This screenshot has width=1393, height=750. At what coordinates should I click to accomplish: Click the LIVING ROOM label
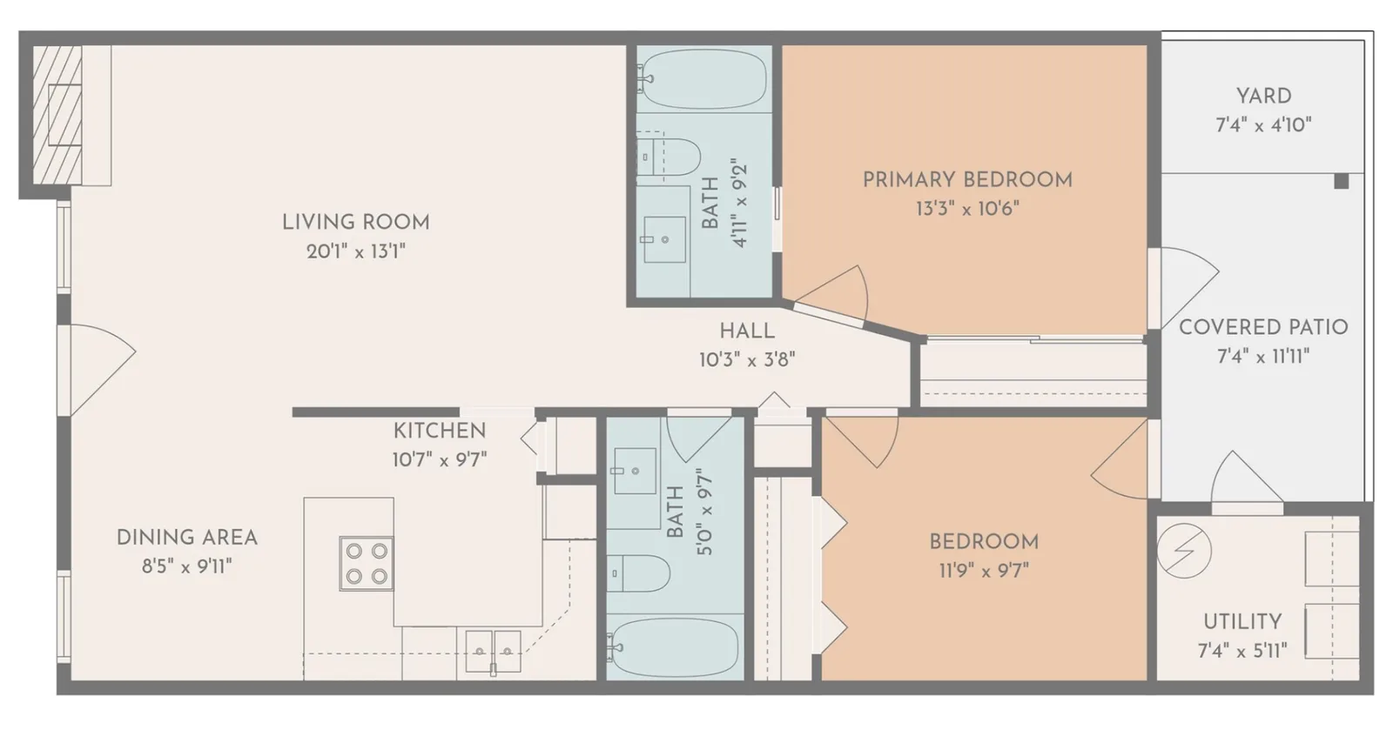coord(356,223)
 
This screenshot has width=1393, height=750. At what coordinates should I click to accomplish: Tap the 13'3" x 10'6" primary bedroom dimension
coord(967,208)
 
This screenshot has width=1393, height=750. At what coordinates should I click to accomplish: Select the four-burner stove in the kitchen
coord(367,563)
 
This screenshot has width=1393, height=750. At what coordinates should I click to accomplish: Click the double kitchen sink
coord(493,651)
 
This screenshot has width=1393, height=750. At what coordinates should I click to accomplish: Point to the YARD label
coord(1263,97)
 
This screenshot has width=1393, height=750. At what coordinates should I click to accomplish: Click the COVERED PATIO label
coord(1263,327)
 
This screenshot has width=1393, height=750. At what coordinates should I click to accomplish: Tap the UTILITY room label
coord(1242,621)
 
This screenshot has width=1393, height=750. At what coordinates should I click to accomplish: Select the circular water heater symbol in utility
coord(1184,551)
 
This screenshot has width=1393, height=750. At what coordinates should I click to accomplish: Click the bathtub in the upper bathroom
coord(703,79)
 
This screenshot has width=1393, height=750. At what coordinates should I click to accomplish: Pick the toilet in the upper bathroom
coord(669,157)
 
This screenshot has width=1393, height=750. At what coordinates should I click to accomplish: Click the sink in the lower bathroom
coord(635,471)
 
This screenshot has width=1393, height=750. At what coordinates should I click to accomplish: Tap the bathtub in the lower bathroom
coord(674,646)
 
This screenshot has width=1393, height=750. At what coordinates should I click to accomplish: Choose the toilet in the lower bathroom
coord(639,573)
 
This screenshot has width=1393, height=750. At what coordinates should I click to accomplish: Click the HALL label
coord(747,331)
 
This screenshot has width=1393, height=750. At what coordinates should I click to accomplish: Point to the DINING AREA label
coord(186,538)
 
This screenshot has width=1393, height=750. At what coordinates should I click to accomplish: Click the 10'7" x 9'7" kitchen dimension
coord(439,459)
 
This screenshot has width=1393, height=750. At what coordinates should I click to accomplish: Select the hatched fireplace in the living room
coord(57,115)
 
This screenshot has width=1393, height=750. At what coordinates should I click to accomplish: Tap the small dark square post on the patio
coord(1342,182)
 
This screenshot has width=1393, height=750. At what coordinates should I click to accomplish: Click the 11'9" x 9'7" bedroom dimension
coord(984,571)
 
